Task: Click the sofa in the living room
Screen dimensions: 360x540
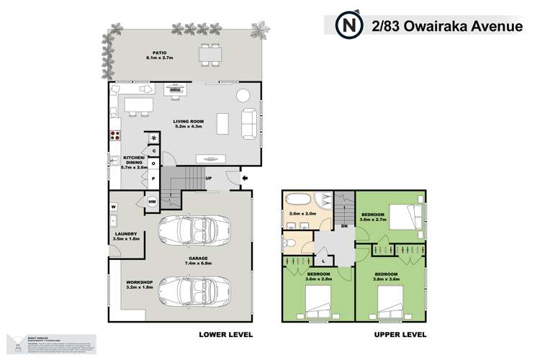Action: pyautogui.click(x=249, y=122)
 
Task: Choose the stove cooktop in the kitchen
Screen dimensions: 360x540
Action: pyautogui.click(x=114, y=135)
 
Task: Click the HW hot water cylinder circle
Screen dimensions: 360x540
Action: pyautogui.click(x=152, y=202)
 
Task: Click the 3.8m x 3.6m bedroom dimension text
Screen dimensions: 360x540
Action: pyautogui.click(x=388, y=279)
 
